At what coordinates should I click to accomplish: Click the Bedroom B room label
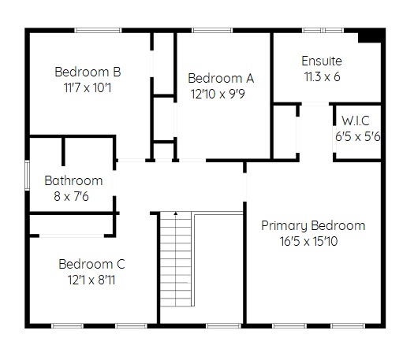pos(88,72)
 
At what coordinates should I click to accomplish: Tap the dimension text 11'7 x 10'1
pos(88,87)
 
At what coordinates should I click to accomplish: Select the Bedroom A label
pos(221,78)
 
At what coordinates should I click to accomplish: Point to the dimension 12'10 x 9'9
pos(218,94)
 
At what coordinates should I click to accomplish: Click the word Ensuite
pos(322,61)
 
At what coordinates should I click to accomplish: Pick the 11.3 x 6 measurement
pos(322,76)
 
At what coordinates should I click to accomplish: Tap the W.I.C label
pos(356,121)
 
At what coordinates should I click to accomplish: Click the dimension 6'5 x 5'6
pos(357,136)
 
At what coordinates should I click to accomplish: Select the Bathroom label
pos(73,180)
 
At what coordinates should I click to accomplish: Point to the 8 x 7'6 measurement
pos(71,196)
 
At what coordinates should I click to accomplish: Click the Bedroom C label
pos(91,264)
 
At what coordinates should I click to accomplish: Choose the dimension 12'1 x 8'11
pos(91,280)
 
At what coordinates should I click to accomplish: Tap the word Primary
pos(285,226)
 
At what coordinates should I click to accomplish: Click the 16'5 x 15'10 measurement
pos(308,241)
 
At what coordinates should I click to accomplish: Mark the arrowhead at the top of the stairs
pos(176,213)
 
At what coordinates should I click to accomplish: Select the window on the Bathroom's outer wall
pos(27,175)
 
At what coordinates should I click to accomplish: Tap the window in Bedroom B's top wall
pos(98,31)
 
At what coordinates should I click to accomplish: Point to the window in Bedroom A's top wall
pos(212,31)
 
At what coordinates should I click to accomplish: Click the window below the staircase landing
pos(224,326)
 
